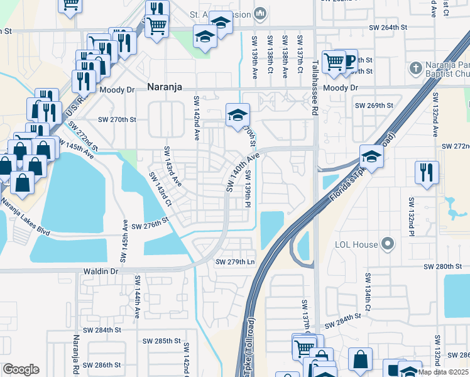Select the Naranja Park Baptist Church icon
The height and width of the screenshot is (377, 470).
click(415, 67)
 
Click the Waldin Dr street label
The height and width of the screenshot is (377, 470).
click(101, 271)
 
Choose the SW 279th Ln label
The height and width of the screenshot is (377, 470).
click(236, 262)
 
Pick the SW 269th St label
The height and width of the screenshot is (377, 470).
click(374, 106)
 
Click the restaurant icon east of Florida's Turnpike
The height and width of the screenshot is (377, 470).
click(427, 172)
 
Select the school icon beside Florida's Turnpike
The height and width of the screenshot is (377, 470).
click(371, 156)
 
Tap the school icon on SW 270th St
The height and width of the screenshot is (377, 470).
click(237, 115)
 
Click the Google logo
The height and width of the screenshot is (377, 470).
click(21, 369)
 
